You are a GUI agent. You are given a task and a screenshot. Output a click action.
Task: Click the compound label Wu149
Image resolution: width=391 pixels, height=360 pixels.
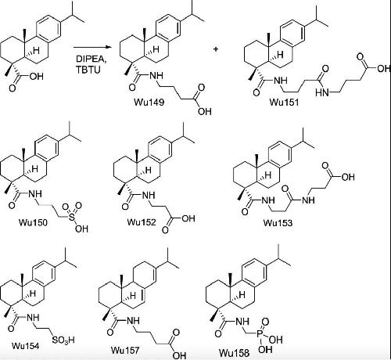pyautogui.click(x=149, y=102)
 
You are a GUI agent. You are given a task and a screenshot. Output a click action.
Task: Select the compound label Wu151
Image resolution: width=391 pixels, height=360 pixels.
pyautogui.click(x=284, y=102)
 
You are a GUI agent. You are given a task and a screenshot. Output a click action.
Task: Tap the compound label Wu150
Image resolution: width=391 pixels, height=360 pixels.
pyautogui.click(x=33, y=222)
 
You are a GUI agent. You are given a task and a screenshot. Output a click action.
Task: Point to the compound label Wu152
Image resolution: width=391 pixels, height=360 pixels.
pyautogui.click(x=142, y=222)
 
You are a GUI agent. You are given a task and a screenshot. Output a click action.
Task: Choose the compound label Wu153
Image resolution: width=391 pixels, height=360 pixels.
pyautogui.click(x=278, y=223)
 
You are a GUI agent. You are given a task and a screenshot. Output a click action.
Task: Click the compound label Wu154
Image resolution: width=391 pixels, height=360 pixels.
pyautogui.click(x=26, y=346)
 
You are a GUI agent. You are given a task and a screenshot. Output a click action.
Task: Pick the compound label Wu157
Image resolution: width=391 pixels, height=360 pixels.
pyautogui.click(x=125, y=350)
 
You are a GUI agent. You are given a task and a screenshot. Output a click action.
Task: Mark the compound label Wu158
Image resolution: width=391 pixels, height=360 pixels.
pyautogui.click(x=234, y=353)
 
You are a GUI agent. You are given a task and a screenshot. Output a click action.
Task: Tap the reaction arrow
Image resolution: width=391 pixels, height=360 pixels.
pyautogui.click(x=92, y=47)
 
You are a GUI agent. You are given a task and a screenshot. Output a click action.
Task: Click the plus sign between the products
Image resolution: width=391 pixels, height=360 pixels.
pyautogui.click(x=216, y=49)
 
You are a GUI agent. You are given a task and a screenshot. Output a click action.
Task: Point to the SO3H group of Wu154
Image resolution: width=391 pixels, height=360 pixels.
pyautogui.click(x=63, y=340)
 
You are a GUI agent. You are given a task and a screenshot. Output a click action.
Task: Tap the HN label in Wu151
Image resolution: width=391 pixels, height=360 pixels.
pyautogui.click(x=322, y=92)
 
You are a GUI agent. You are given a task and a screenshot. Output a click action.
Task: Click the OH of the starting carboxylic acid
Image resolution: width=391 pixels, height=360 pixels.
pyautogui.click(x=37, y=77)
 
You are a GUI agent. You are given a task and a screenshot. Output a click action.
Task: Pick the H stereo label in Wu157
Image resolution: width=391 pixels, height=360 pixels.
pyautogui.click(x=133, y=296)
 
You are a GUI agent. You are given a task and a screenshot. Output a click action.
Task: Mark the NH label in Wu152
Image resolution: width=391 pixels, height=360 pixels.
pyautogui.click(x=149, y=195)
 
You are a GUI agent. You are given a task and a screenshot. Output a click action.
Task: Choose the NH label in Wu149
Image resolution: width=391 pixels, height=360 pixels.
pyautogui.click(x=156, y=76)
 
